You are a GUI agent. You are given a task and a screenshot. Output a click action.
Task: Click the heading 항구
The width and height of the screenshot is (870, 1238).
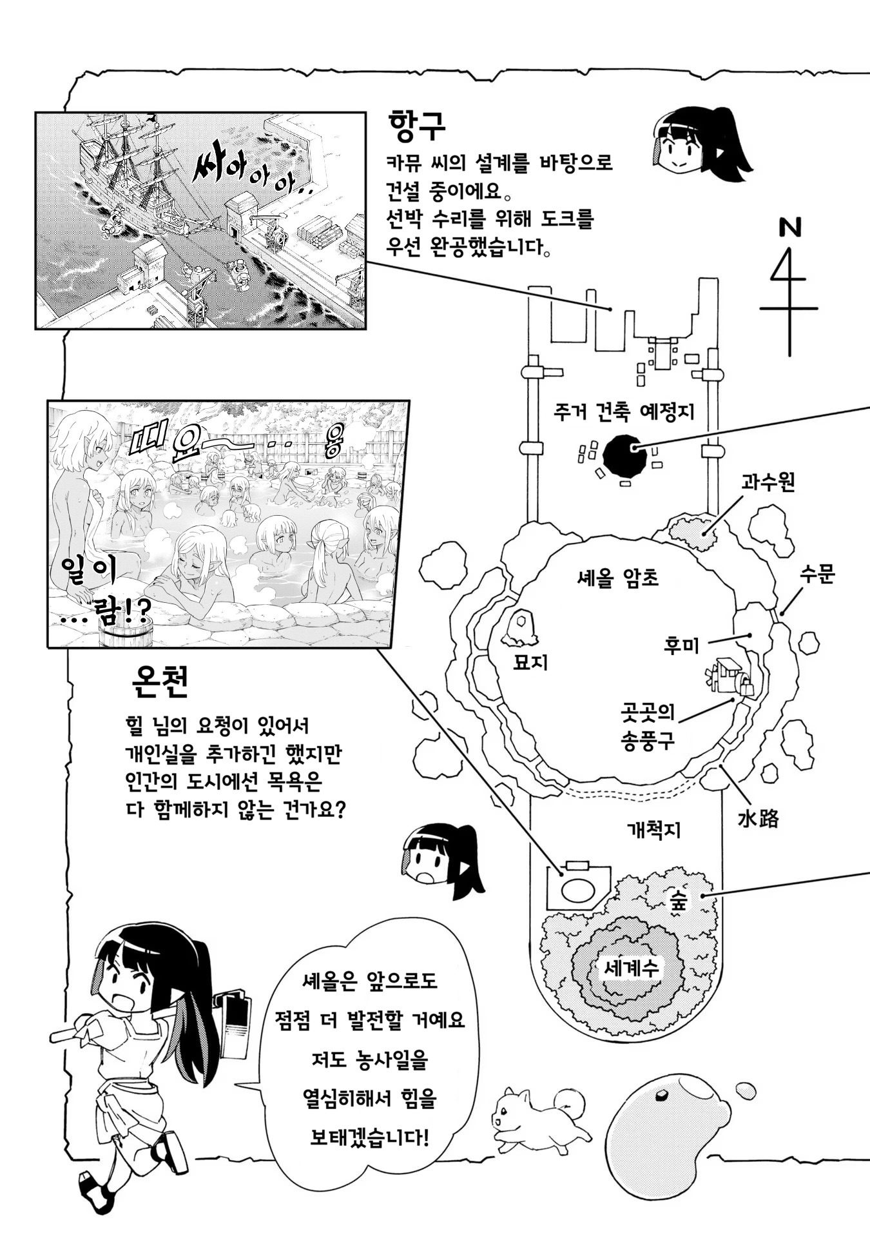417,126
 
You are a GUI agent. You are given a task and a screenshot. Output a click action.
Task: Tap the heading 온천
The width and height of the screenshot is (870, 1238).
159,682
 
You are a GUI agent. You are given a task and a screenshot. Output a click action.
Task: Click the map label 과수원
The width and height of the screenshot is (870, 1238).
768,482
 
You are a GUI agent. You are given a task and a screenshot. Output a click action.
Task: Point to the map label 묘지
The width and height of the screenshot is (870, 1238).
530,662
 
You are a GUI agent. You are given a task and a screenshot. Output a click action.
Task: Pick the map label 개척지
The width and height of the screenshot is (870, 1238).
653,829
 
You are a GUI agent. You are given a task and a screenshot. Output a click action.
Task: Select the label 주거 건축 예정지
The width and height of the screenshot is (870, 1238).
624,411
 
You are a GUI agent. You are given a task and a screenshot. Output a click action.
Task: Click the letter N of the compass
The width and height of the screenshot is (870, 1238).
789,227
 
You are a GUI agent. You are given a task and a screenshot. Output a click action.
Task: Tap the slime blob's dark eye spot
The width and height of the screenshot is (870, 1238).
662,1094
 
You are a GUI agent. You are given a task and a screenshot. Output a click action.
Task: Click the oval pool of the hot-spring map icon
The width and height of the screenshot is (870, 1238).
577,889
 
